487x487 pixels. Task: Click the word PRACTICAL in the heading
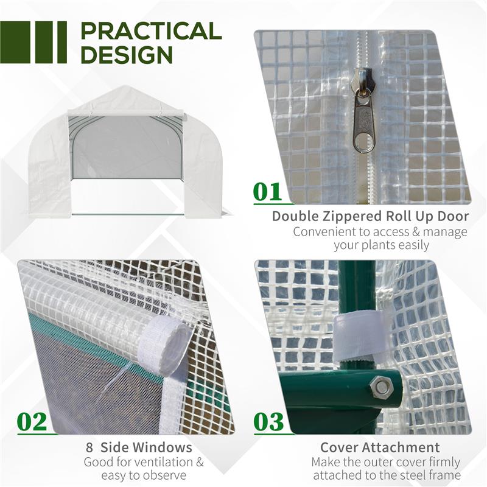click(150, 31)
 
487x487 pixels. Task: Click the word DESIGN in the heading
click(127, 55)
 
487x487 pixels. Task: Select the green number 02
click(32, 422)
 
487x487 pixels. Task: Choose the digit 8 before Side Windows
click(89, 448)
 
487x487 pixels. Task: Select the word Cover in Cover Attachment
click(340, 448)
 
